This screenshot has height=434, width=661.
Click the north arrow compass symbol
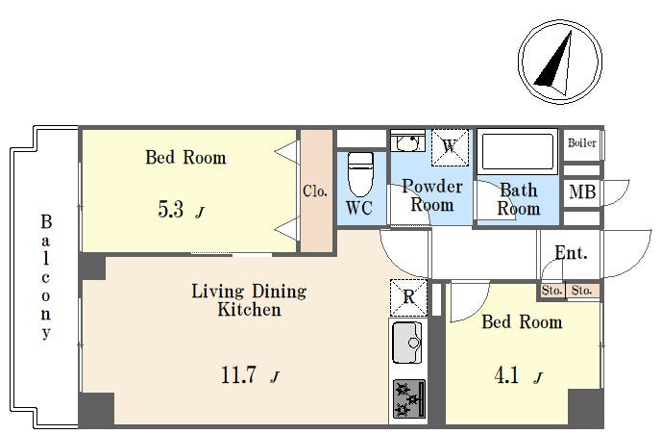(x=560, y=62)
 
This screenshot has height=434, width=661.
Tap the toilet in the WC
(x=360, y=174)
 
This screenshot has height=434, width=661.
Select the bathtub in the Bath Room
(x=517, y=151)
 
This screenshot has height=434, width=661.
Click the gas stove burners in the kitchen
(x=409, y=398)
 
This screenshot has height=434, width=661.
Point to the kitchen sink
(x=407, y=343)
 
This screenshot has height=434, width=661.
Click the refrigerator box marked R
(x=408, y=297)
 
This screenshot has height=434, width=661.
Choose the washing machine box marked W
(x=450, y=147)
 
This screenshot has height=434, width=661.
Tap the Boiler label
(x=582, y=143)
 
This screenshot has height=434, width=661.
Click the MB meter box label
(x=582, y=192)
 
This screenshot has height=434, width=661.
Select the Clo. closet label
(x=315, y=191)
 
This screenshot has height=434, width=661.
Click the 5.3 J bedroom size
(x=182, y=209)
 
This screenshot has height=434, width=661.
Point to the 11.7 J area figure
(x=250, y=374)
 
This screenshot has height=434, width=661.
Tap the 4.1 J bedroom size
(x=519, y=375)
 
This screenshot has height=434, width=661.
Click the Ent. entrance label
(x=571, y=252)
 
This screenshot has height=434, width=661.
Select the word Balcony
(x=46, y=277)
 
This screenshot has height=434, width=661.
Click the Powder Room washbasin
(x=407, y=141)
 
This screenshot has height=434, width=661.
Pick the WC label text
(x=359, y=208)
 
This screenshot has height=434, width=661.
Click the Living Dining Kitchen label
(x=249, y=299)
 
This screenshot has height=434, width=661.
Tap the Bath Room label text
(x=519, y=199)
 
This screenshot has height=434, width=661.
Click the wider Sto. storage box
(x=582, y=291)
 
